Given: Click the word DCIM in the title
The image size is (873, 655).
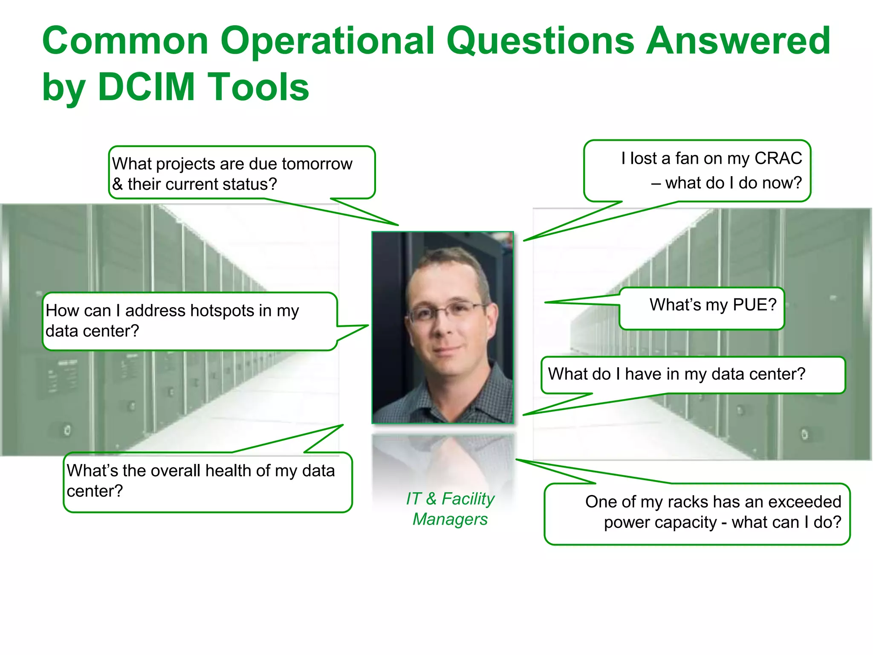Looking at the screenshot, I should click(x=146, y=87).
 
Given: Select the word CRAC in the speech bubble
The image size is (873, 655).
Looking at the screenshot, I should click(x=778, y=158).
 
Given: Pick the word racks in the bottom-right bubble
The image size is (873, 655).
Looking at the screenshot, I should click(x=688, y=502).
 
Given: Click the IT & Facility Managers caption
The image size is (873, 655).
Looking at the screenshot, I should click(x=450, y=509).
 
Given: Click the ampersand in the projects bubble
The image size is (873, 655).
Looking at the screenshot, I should click(x=117, y=185).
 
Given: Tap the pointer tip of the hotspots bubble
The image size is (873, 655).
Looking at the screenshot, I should click(x=367, y=326).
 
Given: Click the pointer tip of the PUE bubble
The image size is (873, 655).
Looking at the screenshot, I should click(x=546, y=302).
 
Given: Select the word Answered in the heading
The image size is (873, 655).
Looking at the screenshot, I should click(x=738, y=41).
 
